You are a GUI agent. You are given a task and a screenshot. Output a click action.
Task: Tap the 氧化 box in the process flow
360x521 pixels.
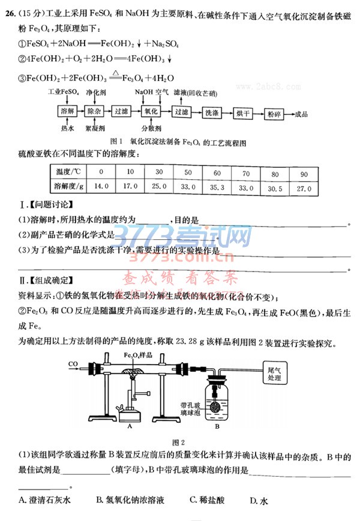point(151,112)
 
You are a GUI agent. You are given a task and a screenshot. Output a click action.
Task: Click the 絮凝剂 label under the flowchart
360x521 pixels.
point(95,128)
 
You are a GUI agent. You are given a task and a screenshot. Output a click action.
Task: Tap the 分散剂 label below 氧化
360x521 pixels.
point(151,128)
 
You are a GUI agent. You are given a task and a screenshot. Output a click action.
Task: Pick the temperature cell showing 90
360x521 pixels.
point(304,174)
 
